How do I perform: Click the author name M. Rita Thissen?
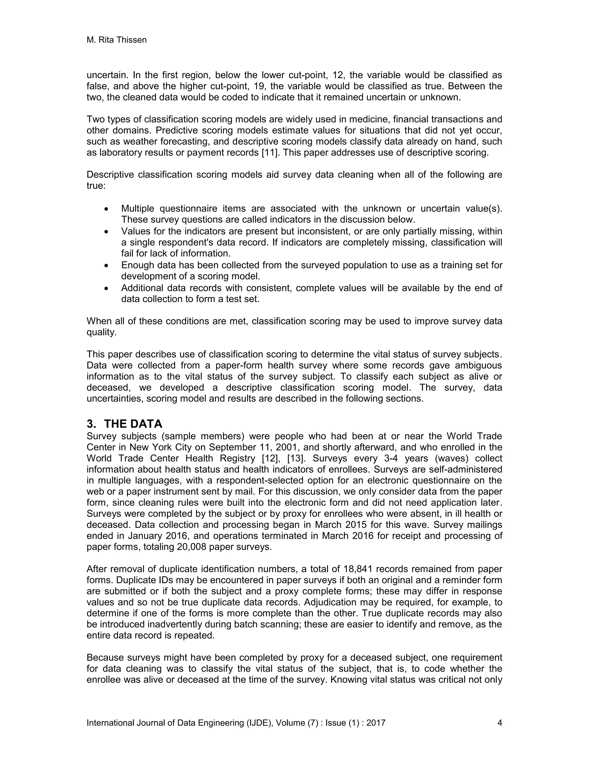116,40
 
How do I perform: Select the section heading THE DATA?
133,424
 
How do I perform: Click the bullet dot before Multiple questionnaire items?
106,209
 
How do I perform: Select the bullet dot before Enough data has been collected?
106,265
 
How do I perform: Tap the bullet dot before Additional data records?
106,288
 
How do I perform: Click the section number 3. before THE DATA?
91,424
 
